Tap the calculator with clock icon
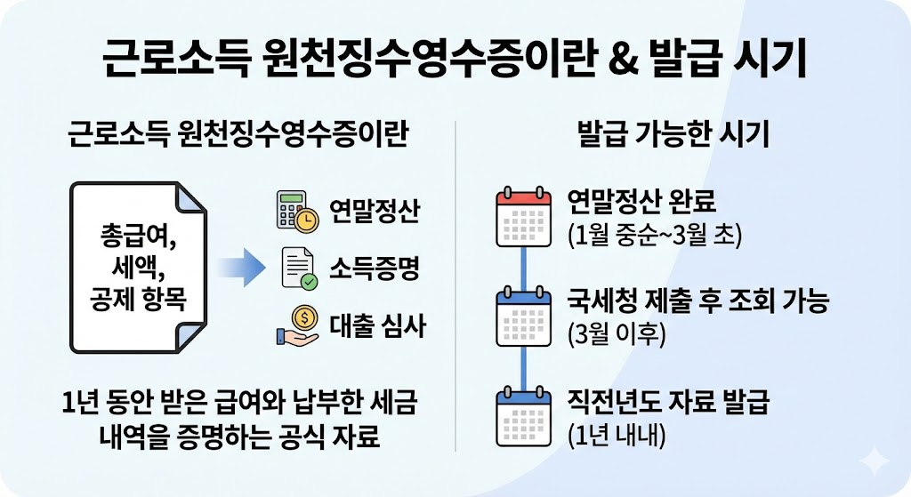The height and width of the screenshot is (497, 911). pos(297,211)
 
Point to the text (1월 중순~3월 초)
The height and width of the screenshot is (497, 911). pos(653,236)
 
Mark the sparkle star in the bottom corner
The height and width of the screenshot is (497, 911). pos(874,461)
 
